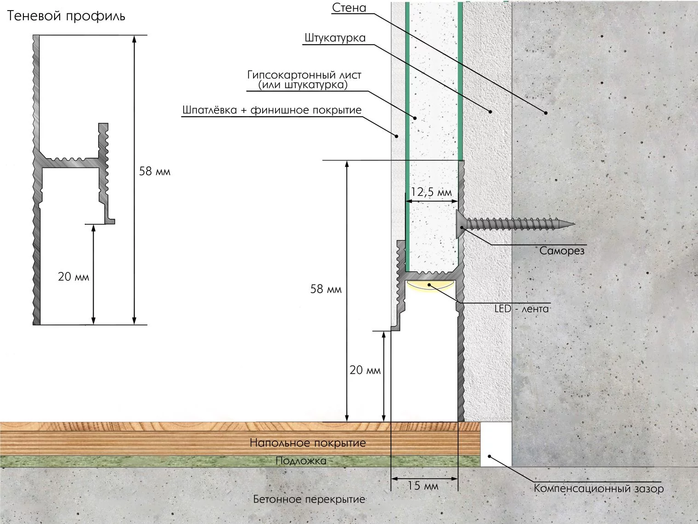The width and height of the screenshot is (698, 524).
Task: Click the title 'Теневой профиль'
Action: [66, 16]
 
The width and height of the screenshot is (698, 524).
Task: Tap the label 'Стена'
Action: [349, 8]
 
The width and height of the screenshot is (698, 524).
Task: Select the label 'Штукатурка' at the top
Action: [335, 38]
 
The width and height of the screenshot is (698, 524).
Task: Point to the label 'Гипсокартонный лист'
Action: [304, 75]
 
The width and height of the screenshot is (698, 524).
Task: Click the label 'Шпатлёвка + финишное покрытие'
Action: [272, 110]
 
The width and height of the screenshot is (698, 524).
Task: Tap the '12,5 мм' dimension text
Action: [431, 192]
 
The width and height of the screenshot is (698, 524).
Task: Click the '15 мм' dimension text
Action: [423, 486]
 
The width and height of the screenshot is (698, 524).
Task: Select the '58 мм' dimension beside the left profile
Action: [155, 171]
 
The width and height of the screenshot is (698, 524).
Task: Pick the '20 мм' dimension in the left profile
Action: [73, 277]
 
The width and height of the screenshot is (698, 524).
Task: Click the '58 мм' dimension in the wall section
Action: [326, 289]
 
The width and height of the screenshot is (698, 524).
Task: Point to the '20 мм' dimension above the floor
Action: [365, 370]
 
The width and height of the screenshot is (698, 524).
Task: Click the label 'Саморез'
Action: [562, 251]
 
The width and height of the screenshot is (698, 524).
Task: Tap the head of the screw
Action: [460, 224]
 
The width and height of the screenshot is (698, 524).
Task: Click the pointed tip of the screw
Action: [574, 224]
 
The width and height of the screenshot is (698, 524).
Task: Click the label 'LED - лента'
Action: [522, 308]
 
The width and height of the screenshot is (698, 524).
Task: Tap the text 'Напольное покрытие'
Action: [308, 443]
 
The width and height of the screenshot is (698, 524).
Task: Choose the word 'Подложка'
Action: [301, 461]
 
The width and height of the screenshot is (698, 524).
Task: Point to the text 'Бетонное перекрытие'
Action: [309, 500]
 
